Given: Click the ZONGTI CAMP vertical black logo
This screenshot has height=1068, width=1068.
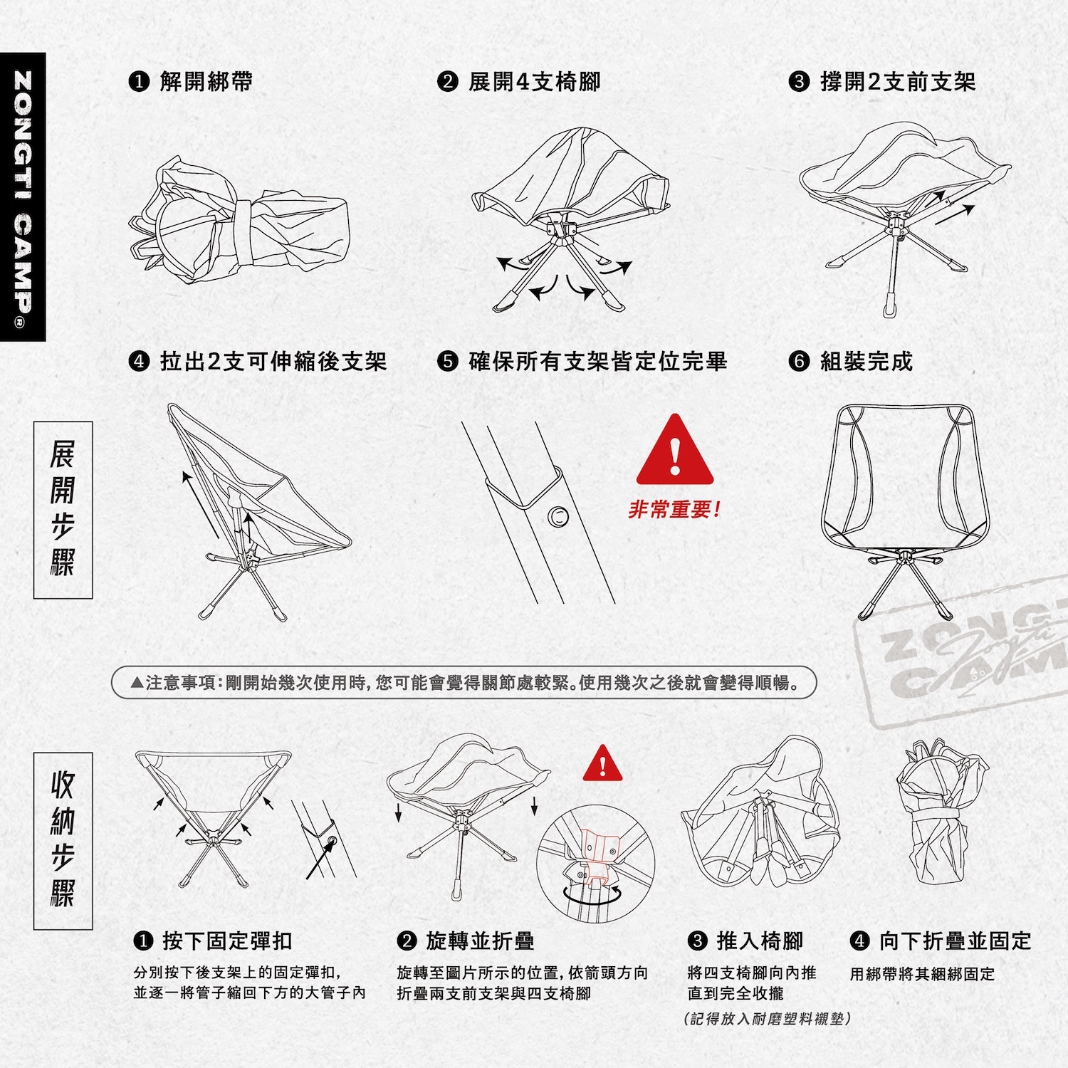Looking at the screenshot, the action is coord(23,197).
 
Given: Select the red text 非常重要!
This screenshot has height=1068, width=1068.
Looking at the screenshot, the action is coord(674,510).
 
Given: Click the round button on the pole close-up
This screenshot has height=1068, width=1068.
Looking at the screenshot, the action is coord(559,515).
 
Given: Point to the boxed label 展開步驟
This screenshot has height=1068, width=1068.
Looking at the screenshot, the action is coord(63,510).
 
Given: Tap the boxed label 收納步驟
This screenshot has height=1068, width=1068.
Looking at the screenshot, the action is coord(63,841).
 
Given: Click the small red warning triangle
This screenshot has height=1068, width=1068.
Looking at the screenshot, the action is coord(602,763).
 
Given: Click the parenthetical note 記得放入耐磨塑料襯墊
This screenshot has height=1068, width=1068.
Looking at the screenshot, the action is coord(767,1019).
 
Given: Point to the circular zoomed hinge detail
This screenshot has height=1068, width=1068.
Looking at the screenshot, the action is coord(596,864).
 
